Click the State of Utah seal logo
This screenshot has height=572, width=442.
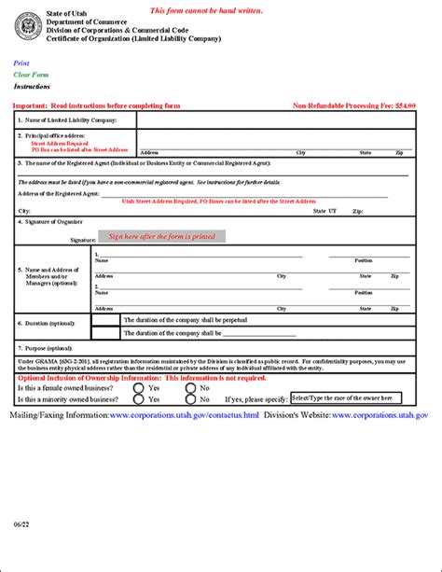click(28, 26)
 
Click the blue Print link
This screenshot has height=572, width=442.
click(21, 63)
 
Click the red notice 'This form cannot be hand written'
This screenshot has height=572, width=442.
click(207, 10)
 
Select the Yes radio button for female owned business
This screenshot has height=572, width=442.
click(139, 387)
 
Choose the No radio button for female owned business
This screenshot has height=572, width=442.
click(191, 387)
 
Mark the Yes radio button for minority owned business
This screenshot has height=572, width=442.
click(139, 398)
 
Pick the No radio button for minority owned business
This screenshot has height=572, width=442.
click(191, 398)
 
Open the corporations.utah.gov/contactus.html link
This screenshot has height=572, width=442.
click(184, 413)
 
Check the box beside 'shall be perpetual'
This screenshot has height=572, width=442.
click(106, 320)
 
